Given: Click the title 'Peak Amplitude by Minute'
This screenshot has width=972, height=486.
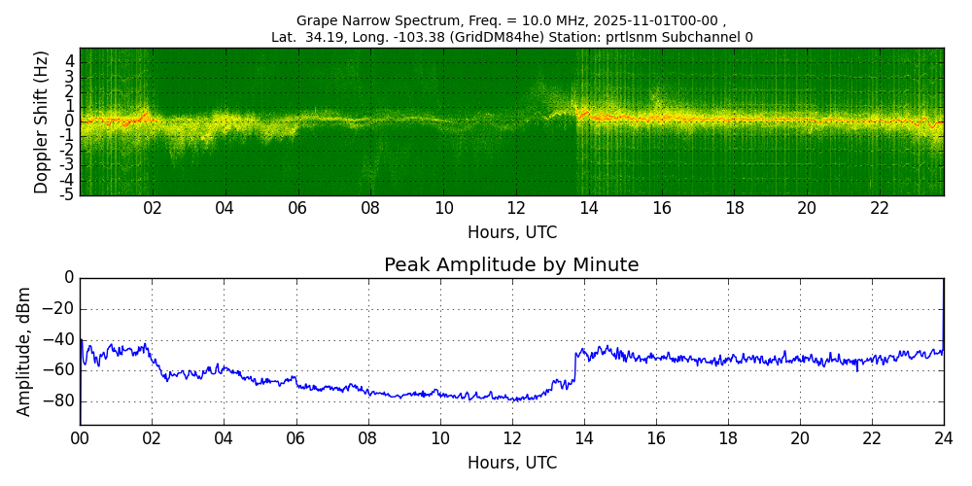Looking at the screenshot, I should point(511,265).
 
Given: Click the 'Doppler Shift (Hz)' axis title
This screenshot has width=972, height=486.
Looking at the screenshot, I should point(42,121).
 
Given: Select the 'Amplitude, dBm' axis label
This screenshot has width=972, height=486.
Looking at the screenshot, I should point(24,351).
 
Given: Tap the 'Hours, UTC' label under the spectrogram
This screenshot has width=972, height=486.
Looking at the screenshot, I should point(512,233).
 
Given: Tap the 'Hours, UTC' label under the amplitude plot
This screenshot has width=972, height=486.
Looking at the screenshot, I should point(512,463).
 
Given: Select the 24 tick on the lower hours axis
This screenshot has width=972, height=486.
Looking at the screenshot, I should point(944,438).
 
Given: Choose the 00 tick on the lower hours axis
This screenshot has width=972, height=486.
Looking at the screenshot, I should point(80,438).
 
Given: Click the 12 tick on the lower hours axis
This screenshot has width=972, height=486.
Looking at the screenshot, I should point(512,438).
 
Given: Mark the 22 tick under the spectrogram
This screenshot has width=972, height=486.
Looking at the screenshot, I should point(880,208).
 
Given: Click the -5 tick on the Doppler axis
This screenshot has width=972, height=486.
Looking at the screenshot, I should point(68,194).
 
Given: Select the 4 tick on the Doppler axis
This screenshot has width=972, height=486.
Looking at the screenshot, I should point(70,60).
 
